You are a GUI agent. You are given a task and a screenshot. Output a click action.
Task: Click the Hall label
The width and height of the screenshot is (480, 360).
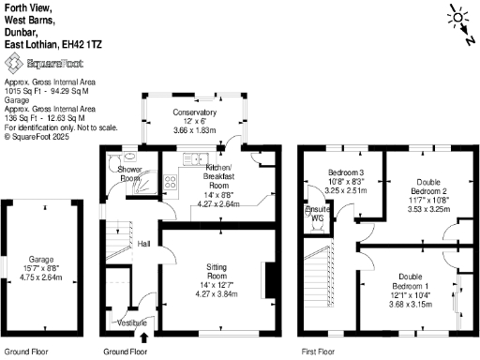tap(144, 244)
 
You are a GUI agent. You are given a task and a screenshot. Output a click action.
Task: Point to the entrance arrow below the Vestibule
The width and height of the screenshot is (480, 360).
tap(143, 337)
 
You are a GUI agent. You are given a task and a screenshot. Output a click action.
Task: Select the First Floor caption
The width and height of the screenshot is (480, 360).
tap(319, 352)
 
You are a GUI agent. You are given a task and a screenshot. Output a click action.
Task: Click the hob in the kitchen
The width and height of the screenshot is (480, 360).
tap(172, 182)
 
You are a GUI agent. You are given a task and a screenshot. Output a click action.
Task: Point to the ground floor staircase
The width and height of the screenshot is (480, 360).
tap(115, 243)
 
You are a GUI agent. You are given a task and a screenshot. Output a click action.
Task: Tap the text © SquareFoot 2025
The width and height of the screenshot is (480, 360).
tap(37, 136)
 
